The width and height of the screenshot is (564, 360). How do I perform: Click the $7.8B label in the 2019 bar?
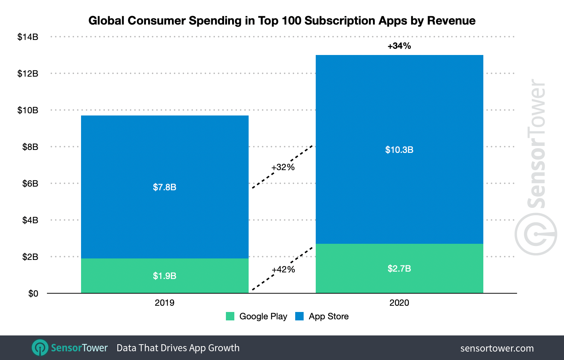(x=164, y=187)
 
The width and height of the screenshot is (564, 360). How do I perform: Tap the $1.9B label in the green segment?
(x=164, y=276)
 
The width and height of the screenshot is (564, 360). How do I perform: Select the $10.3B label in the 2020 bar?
(x=399, y=150)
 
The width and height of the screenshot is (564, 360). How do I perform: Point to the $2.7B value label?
(x=399, y=269)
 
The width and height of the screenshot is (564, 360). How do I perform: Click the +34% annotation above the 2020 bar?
(x=399, y=46)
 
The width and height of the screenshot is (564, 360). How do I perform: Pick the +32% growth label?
(x=283, y=167)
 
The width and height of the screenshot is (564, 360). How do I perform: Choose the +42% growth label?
(x=283, y=269)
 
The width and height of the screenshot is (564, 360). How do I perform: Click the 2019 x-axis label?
(x=164, y=303)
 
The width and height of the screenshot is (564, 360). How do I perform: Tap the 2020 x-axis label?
(x=399, y=303)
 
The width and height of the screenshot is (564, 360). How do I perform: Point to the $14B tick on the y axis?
(x=28, y=37)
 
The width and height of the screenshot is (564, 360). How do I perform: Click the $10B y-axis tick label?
(x=28, y=110)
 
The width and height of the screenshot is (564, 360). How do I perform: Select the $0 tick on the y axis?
(x=33, y=294)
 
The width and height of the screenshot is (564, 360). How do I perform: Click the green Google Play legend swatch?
(x=230, y=316)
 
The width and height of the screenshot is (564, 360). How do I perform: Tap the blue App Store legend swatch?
(x=299, y=316)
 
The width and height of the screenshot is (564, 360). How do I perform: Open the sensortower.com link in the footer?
(x=497, y=348)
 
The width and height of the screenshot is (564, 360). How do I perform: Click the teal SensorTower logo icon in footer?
(x=40, y=348)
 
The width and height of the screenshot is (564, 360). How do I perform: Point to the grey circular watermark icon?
(x=536, y=234)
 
